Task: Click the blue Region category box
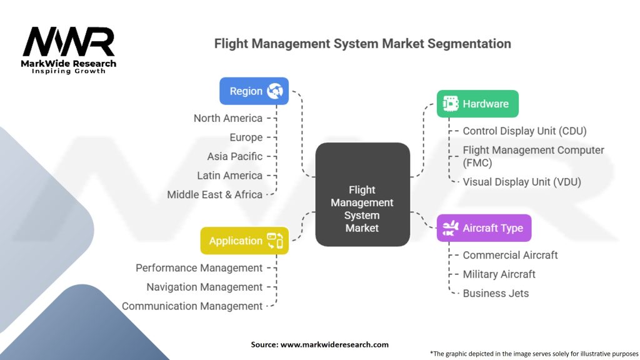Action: coord(254,91)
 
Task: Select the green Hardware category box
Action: coord(477,104)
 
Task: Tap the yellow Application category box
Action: coord(244,241)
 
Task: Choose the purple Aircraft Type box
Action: coord(484,227)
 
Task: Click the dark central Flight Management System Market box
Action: coord(362,194)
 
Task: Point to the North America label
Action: coord(227,118)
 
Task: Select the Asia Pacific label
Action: coord(235,156)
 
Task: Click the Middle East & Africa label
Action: coord(215,195)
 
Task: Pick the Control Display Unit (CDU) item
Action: coord(524,131)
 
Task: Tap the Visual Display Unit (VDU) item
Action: coord(522,182)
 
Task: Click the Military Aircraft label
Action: coord(499,274)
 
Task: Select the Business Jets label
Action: coord(496,294)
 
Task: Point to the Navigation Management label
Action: coord(204,287)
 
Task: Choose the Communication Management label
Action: coord(192,306)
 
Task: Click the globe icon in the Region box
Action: coord(275,91)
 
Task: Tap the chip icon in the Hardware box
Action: coord(451,104)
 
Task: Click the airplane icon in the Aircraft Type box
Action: coord(450,227)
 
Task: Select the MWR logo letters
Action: coord(69,42)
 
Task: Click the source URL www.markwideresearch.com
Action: coord(334,344)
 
